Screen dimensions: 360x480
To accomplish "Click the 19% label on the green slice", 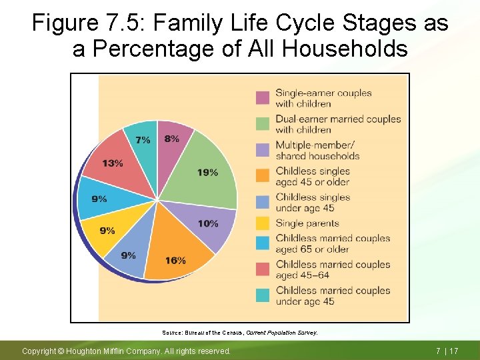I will [x=207, y=173].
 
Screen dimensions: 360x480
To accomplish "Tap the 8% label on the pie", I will [x=171, y=139].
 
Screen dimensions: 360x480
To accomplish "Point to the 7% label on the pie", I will [x=143, y=140].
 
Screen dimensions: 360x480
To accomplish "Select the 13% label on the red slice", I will [x=112, y=163].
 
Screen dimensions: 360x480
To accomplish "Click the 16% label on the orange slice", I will [x=175, y=260].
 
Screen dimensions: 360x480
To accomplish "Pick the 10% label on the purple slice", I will [x=208, y=223].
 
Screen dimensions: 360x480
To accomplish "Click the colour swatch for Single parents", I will [x=263, y=223].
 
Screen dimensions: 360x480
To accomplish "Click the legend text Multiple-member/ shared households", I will [x=317, y=151].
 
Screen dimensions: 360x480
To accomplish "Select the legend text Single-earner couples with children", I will [x=323, y=98].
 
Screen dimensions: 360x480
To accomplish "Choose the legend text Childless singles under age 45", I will [x=313, y=203].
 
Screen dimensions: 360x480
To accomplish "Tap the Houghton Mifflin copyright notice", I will [x=127, y=351].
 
